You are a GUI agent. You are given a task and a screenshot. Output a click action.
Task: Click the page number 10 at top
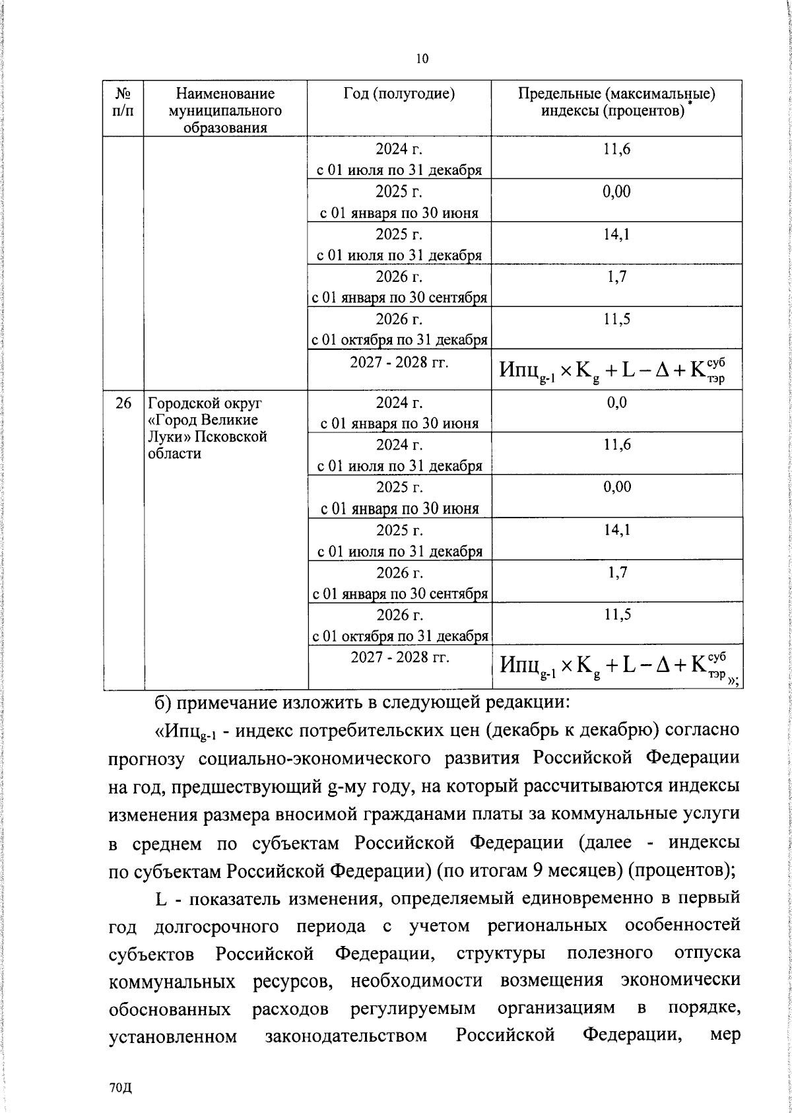(422, 59)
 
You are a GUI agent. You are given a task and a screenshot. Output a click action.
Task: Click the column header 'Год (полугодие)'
(399, 94)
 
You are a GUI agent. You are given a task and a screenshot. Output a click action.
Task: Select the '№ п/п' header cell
(123, 102)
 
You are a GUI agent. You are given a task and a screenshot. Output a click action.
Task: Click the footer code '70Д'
(121, 1088)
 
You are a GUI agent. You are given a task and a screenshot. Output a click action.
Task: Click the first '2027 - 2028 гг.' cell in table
(399, 362)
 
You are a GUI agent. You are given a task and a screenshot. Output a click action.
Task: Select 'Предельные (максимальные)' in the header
(616, 94)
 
